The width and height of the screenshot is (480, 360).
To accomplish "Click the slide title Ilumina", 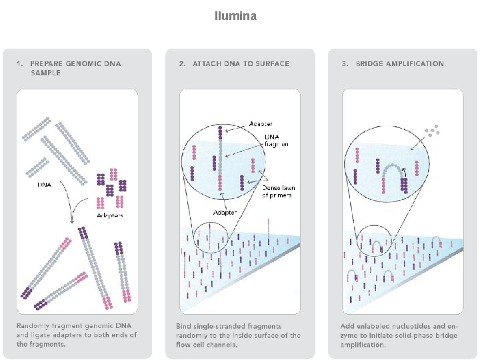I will pos(235,15).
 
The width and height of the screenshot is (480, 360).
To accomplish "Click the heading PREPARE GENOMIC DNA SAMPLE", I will pos(75,68).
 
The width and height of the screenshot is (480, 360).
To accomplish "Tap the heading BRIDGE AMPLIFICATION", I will pos(399,64).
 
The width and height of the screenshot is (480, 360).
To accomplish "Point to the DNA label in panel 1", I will pos(45,184).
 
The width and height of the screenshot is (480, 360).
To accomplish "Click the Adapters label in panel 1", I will pos(110,215).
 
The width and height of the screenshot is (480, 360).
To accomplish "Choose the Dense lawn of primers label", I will pos(278,192).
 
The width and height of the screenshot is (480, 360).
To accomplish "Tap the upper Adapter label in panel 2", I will pos(261,123).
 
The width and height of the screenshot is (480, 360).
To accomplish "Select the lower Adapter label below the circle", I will pos(224,212).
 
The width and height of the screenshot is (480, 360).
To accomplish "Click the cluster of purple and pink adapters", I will pos(111,189).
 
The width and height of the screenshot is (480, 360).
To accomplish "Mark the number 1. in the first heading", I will pos(20,64).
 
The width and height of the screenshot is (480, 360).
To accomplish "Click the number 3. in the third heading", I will pos(345,64).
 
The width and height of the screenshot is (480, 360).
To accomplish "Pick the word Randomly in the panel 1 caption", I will pos(33,327).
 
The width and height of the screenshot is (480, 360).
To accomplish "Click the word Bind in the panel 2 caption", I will pos(183,327).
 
